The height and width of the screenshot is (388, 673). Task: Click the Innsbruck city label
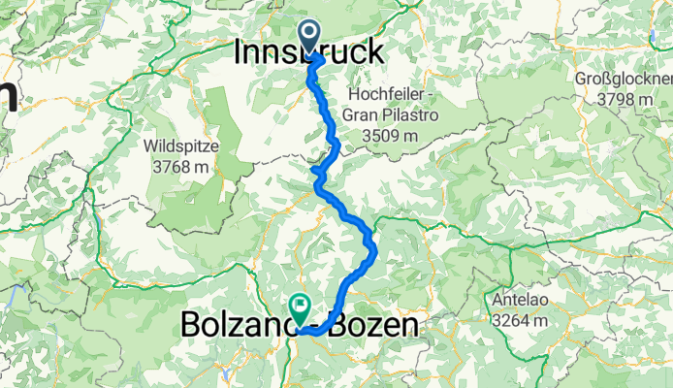tap(308, 52)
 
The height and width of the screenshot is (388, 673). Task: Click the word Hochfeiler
tap(385, 95)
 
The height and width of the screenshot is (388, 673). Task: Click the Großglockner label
tap(622, 79)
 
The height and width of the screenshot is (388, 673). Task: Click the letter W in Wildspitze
tap(150, 146)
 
